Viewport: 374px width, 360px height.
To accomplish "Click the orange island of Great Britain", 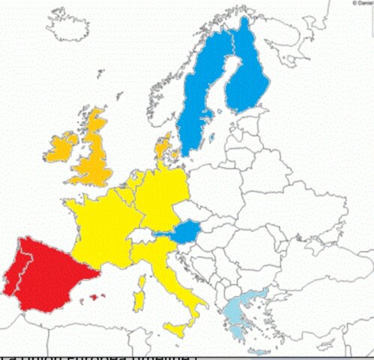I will click(95, 154).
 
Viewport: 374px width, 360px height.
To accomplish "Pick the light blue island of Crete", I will click(259, 352).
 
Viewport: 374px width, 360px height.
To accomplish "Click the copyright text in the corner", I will click(363, 3).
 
